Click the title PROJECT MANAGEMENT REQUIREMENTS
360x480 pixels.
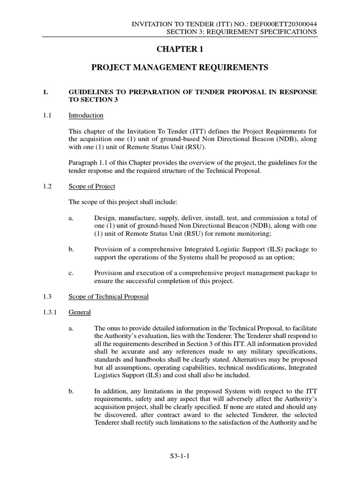coord(180,68)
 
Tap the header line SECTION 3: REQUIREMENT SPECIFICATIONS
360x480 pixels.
coord(242,31)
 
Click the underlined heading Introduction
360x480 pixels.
coord(86,115)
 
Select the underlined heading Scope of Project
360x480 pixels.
coord(91,186)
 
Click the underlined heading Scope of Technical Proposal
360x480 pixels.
coord(108,297)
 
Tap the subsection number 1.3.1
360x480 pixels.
coord(50,312)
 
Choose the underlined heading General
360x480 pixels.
coord(80,312)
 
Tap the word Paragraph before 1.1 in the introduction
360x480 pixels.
coord(83,162)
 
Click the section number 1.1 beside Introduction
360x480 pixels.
coord(47,115)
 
